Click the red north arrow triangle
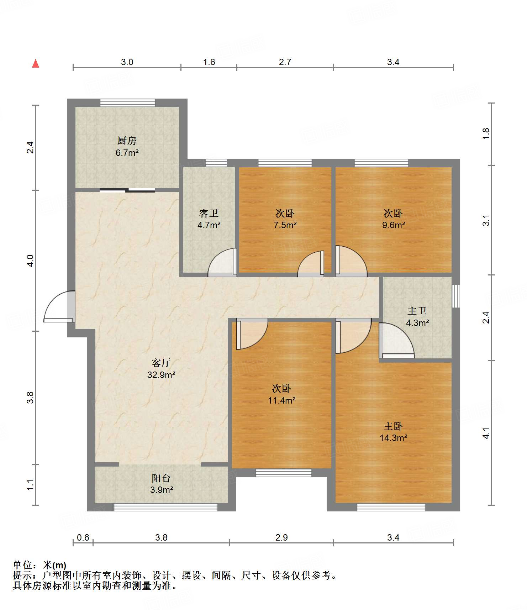pyautogui.click(x=36, y=63)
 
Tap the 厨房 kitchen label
pyautogui.click(x=127, y=141)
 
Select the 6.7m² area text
pyautogui.click(x=127, y=153)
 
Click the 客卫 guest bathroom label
pyautogui.click(x=209, y=214)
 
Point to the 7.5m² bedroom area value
pyautogui.click(x=285, y=225)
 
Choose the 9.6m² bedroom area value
pyautogui.click(x=394, y=225)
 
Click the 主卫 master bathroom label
pyautogui.click(x=417, y=311)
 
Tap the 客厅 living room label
pyautogui.click(x=161, y=363)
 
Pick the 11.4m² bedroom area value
pyautogui.click(x=282, y=400)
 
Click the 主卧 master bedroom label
pyautogui.click(x=393, y=426)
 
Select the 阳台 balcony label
pyautogui.click(x=161, y=478)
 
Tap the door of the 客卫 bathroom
pyautogui.click(x=222, y=262)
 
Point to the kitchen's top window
pyautogui.click(x=127, y=102)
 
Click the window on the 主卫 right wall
pyautogui.click(x=456, y=296)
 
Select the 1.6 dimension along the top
pyautogui.click(x=209, y=62)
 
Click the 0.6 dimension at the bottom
pyautogui.click(x=83, y=537)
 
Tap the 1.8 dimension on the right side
pyautogui.click(x=486, y=133)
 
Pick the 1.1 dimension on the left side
pyautogui.click(x=31, y=485)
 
